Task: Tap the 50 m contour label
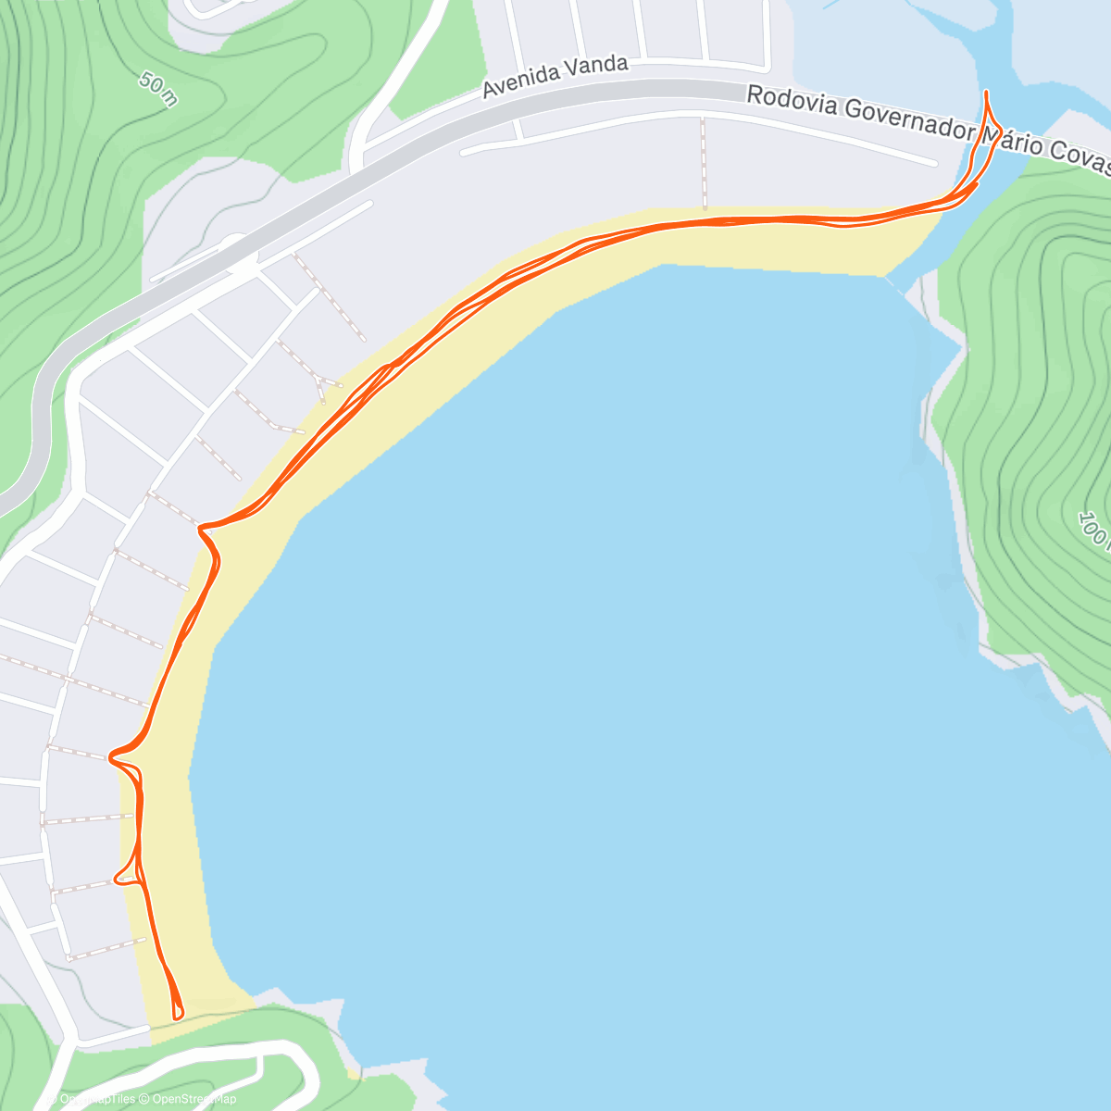158,89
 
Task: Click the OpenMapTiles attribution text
96,1099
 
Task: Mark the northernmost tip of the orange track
986,92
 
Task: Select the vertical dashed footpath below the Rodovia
704,162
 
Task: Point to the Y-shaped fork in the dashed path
318,381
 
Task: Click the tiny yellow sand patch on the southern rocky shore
353,1073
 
